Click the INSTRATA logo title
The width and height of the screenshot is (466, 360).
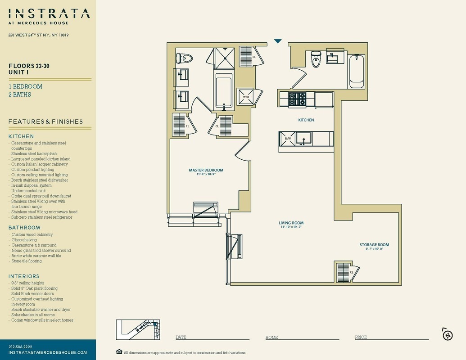[49, 14]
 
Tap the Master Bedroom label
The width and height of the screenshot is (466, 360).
[206, 170]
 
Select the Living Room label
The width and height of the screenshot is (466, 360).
[291, 223]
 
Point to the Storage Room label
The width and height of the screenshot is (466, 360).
[374, 245]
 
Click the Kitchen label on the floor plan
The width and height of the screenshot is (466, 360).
[306, 120]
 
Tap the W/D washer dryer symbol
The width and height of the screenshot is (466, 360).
[246, 97]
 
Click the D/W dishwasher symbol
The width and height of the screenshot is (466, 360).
[287, 139]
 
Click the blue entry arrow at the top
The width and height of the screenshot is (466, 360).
[278, 41]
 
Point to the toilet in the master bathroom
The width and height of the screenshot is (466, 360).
[184, 58]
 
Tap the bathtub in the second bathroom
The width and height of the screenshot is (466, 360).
[357, 71]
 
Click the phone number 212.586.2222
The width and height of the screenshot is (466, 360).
[20, 346]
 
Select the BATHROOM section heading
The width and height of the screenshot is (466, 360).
[24, 228]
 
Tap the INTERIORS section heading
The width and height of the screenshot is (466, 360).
[24, 276]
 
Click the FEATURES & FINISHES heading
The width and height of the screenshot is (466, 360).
[45, 121]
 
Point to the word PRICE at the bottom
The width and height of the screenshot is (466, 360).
[361, 337]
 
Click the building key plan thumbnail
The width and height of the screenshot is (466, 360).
[138, 330]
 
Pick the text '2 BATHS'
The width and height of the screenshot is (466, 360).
[20, 94]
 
